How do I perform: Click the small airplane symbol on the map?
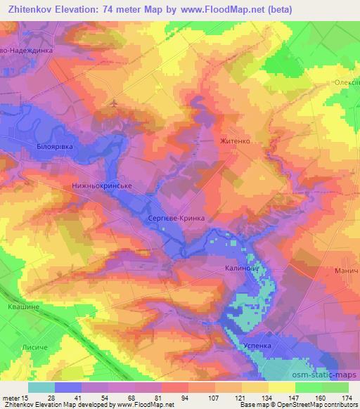(115, 104)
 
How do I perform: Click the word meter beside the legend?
(11, 398)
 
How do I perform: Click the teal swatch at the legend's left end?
(41, 387)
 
